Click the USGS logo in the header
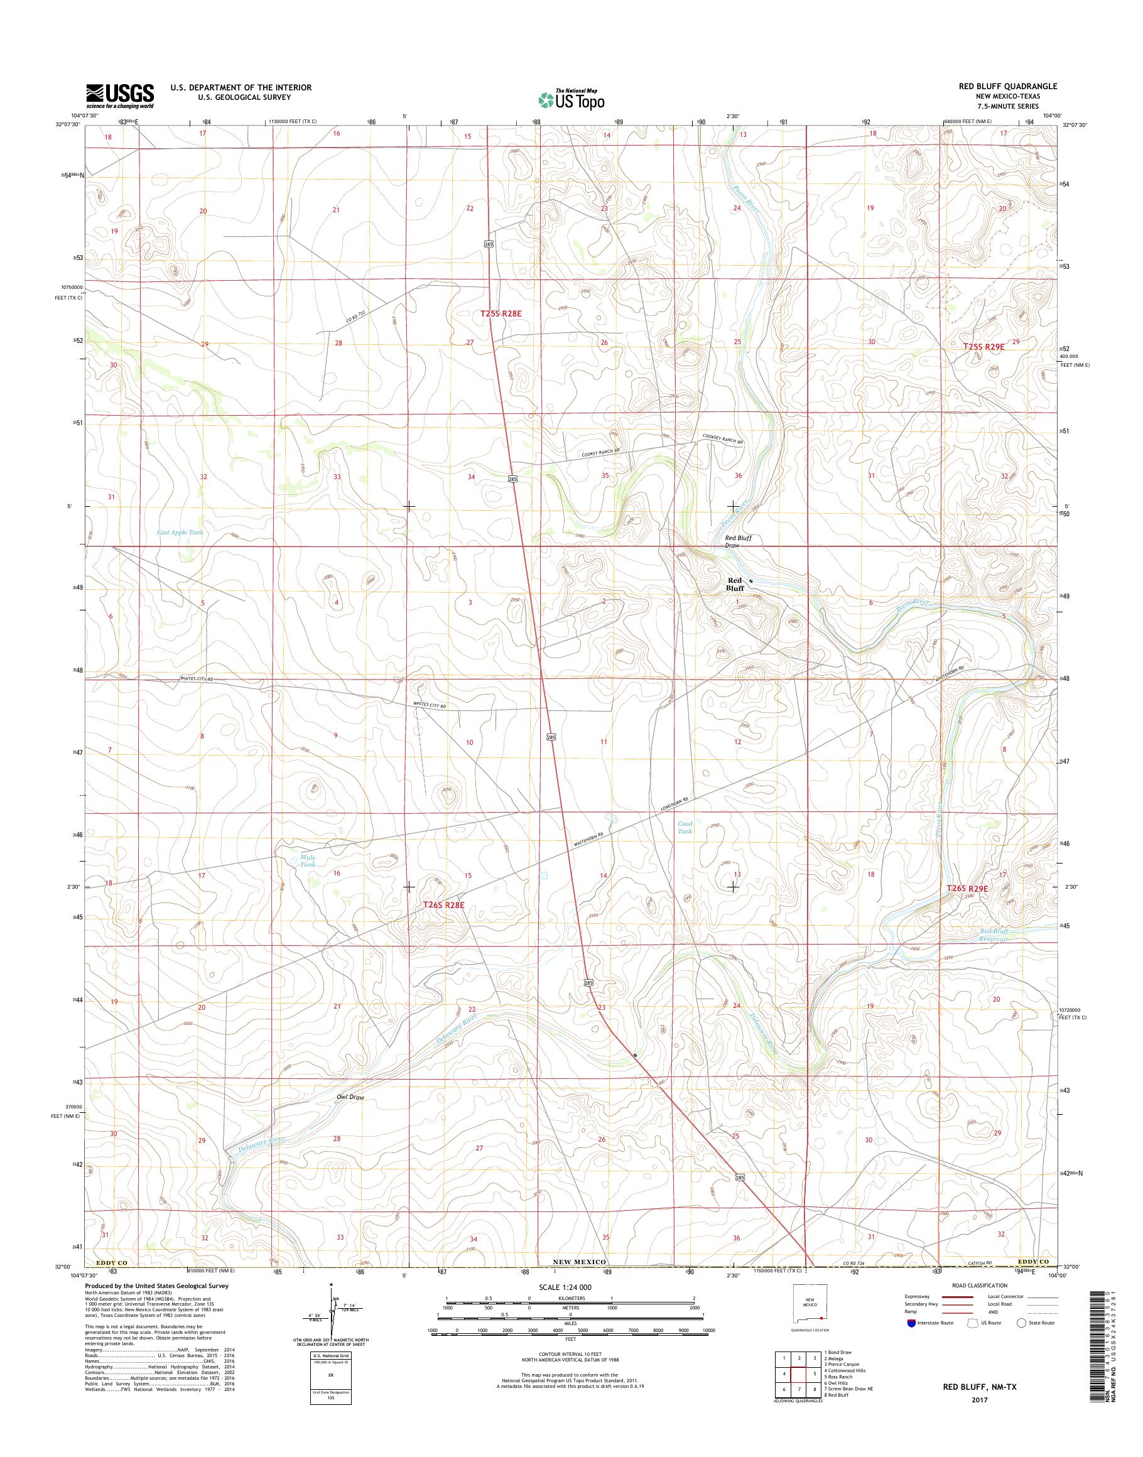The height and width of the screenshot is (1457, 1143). (120, 96)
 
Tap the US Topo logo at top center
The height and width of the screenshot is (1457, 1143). (571, 99)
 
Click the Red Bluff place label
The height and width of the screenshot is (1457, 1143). (735, 584)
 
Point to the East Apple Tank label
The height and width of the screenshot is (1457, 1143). (180, 532)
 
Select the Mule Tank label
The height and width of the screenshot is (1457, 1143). (307, 860)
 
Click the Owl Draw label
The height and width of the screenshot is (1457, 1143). (350, 1098)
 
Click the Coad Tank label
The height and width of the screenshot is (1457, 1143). (685, 827)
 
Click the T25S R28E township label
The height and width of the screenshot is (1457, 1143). (500, 313)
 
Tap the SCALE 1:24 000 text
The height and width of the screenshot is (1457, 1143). (565, 1287)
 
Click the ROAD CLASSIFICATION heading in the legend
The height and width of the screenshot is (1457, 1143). (979, 1286)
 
